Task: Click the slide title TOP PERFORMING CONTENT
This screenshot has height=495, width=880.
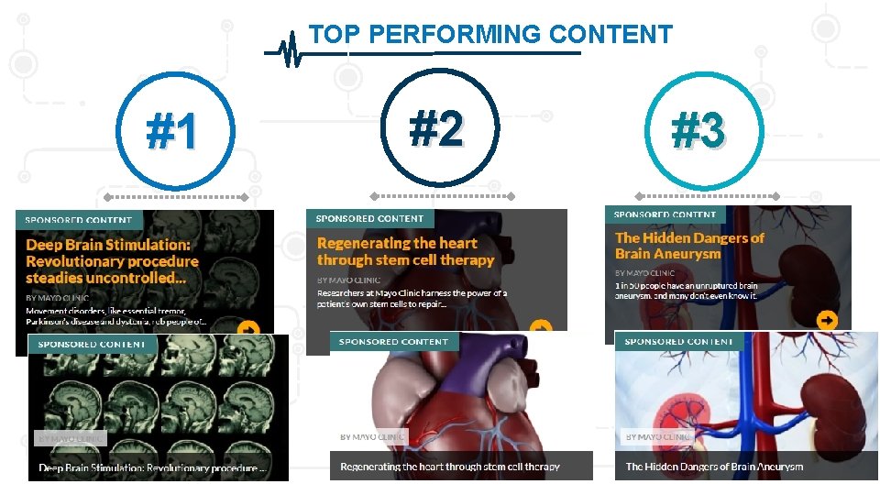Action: click(490, 35)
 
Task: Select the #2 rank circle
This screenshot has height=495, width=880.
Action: click(436, 128)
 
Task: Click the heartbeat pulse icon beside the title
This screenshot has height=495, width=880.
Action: click(291, 51)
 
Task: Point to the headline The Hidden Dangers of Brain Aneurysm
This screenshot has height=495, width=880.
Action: click(689, 245)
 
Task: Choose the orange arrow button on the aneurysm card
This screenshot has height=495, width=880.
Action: click(827, 320)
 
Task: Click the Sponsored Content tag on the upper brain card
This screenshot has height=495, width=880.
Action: click(78, 220)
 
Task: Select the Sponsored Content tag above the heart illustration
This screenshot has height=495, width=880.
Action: click(393, 342)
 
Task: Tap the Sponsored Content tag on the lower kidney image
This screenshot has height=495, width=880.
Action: click(678, 342)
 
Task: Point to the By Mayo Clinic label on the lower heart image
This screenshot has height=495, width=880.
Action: click(372, 437)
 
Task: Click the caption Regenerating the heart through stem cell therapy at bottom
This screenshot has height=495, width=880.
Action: click(449, 467)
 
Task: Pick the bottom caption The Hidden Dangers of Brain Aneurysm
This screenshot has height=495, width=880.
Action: click(714, 467)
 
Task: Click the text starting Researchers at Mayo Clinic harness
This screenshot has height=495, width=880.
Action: click(412, 299)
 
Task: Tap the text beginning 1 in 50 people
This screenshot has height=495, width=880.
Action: click(687, 291)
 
